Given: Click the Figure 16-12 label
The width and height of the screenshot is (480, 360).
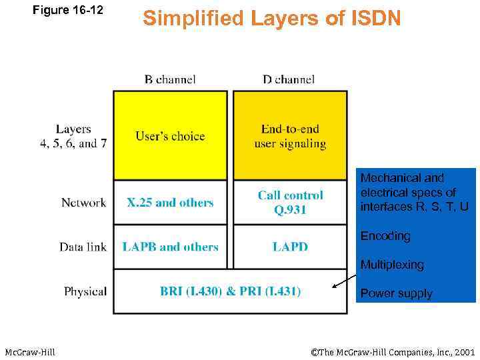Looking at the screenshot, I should click(68, 10).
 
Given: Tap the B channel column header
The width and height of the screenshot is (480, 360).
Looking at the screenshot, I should click(170, 79).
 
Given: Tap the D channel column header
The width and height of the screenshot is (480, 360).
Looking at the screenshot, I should click(289, 79).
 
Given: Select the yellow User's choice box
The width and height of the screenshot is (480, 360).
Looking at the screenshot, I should click(170, 136).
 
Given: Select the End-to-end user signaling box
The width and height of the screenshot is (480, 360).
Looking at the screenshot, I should click(290, 136).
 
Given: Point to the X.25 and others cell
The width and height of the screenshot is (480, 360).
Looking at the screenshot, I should click(170, 203).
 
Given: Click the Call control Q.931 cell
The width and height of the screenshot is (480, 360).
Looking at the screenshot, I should click(290, 203).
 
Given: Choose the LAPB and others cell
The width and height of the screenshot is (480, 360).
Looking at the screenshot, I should click(170, 247).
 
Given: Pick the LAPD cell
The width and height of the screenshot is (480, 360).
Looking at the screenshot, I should click(290, 247).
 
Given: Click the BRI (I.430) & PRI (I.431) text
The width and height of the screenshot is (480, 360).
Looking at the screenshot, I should click(230, 291).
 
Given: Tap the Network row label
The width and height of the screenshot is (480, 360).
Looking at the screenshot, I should click(83, 203).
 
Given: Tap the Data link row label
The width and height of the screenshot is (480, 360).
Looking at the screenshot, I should click(83, 247).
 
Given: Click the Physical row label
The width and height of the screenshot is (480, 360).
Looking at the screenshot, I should click(85, 291).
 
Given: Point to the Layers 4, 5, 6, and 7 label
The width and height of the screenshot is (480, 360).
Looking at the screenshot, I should click(73, 136).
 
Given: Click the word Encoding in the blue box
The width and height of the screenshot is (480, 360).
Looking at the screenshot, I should click(385, 236).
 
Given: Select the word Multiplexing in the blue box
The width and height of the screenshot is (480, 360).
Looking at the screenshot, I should click(392, 265).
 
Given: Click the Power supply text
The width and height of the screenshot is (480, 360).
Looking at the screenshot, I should click(396, 293).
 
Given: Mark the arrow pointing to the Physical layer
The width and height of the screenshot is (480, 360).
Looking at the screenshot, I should click(344, 282).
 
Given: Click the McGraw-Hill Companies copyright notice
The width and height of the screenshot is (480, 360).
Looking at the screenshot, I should click(393, 351).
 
